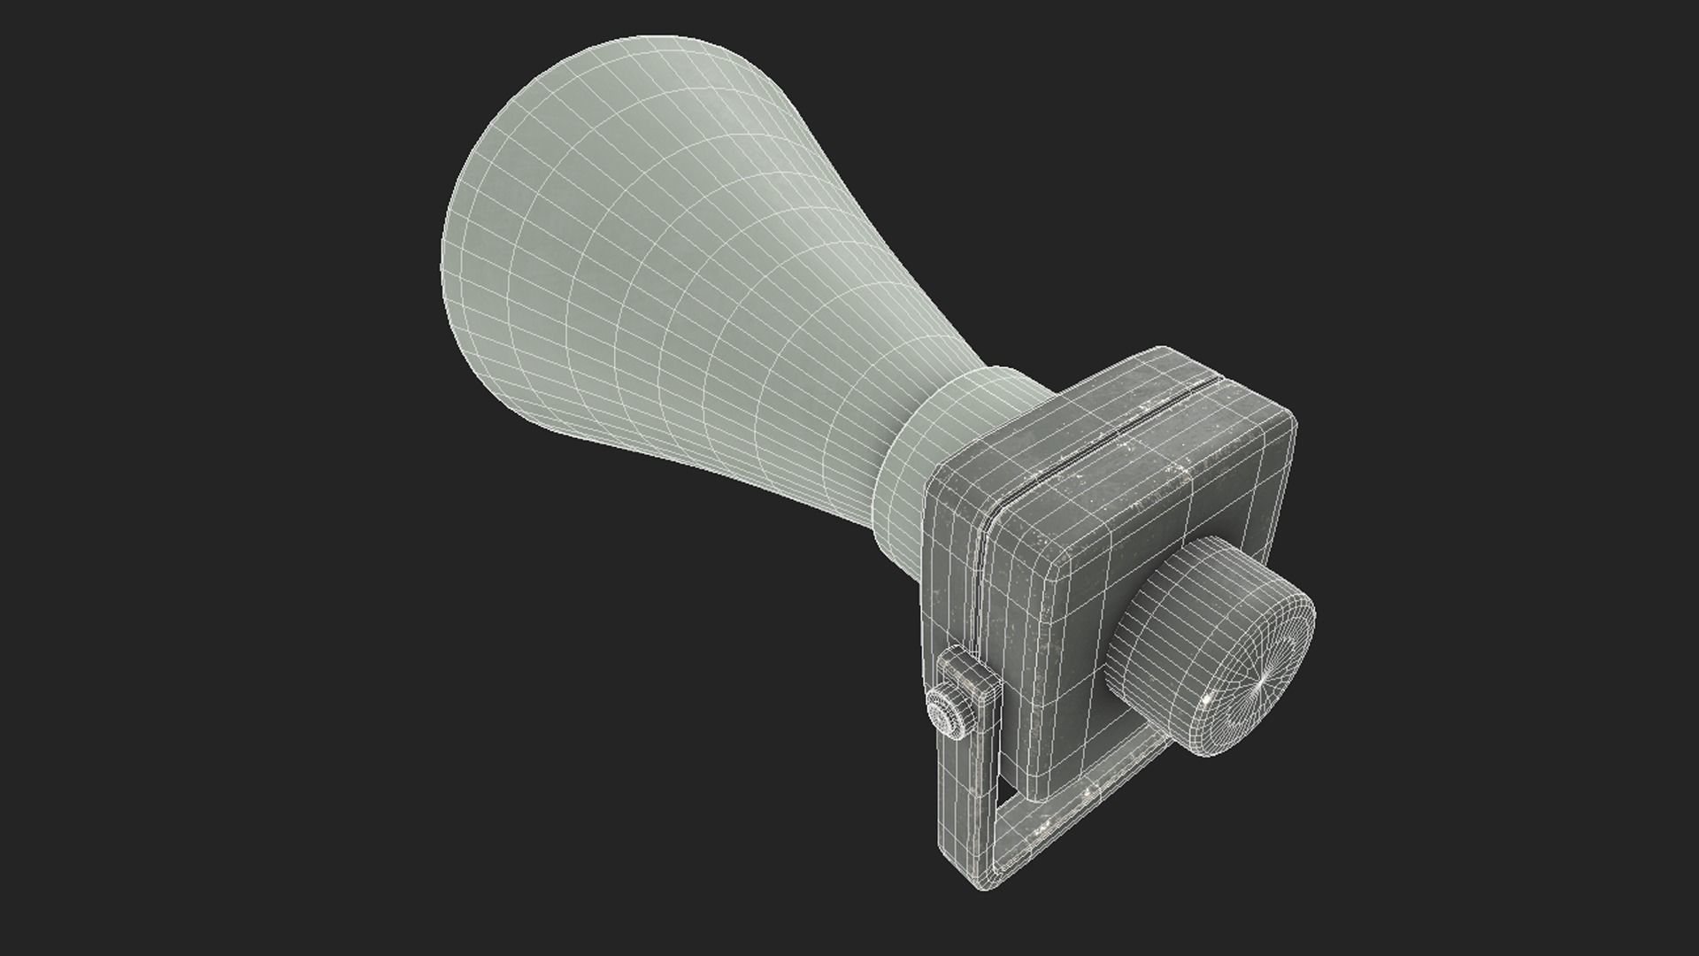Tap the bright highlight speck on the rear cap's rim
coord(1210,749)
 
